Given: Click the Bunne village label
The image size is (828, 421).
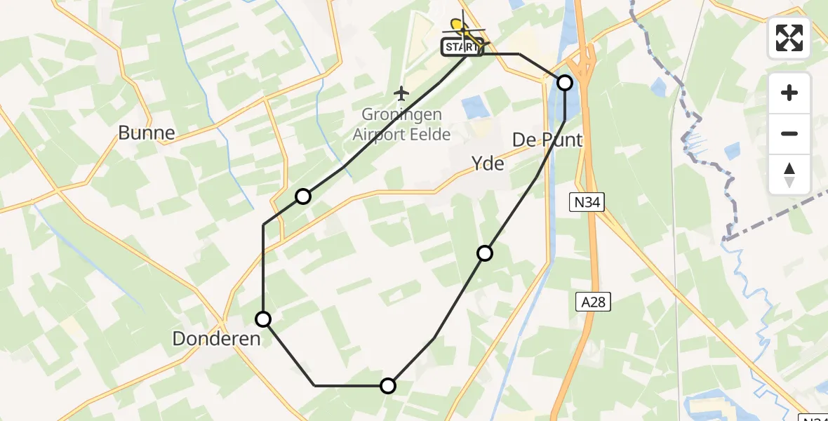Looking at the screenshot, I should pyautogui.click(x=146, y=133).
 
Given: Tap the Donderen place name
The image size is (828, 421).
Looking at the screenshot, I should pyautogui.click(x=216, y=339).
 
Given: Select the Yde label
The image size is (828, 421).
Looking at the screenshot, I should pyautogui.click(x=488, y=163).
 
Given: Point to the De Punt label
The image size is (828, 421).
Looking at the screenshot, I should pyautogui.click(x=547, y=140).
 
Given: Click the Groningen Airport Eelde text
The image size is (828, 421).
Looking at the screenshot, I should pyautogui.click(x=401, y=124).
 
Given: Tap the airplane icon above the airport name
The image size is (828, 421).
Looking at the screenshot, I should pyautogui.click(x=401, y=93).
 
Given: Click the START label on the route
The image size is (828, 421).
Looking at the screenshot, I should pyautogui.click(x=460, y=48).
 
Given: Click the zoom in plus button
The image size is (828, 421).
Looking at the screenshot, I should pyautogui.click(x=789, y=93).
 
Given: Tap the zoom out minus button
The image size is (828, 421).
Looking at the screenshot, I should pyautogui.click(x=789, y=133).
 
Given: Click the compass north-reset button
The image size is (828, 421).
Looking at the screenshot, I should pyautogui.click(x=789, y=174).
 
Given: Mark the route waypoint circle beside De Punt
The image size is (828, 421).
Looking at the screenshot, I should pyautogui.click(x=565, y=83).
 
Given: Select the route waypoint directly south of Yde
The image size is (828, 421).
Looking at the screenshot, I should pyautogui.click(x=485, y=253).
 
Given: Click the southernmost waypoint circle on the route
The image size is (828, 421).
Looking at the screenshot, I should pyautogui.click(x=388, y=385).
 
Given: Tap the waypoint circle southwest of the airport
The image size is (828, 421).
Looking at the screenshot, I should pyautogui.click(x=302, y=196).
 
